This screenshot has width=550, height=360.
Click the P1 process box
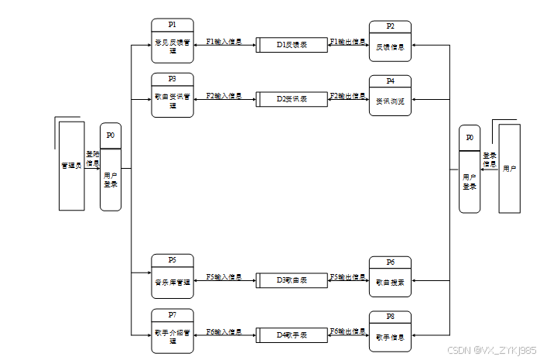pyautogui.click(x=172, y=41)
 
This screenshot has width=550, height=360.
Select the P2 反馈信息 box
pyautogui.click(x=390, y=42)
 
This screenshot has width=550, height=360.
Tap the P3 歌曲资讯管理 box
pyautogui.click(x=172, y=95)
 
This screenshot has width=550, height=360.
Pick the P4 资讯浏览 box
pyautogui.click(x=390, y=96)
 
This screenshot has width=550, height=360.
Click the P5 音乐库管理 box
pyautogui.click(x=172, y=276)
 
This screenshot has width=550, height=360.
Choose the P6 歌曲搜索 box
pyautogui.click(x=390, y=277)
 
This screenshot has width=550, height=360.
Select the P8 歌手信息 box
pyautogui.click(x=390, y=331)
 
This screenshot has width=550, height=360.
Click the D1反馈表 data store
pyautogui.click(x=292, y=45)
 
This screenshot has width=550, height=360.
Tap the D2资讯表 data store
pyautogui.click(x=292, y=99)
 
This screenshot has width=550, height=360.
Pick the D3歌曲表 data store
pyautogui.click(x=292, y=280)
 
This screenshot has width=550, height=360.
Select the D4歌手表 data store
pyautogui.click(x=292, y=334)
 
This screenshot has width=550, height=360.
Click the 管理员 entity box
pyautogui.click(x=72, y=166)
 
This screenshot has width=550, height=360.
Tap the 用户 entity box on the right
pyautogui.click(x=509, y=168)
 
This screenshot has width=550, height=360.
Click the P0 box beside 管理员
pyautogui.click(x=111, y=171)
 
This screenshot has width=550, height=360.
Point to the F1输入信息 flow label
pyautogui.click(x=224, y=42)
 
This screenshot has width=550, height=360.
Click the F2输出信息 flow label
pyautogui.click(x=347, y=96)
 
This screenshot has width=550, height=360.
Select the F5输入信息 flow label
pyautogui.click(x=224, y=276)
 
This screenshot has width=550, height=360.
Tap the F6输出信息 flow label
pyautogui.click(x=347, y=331)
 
